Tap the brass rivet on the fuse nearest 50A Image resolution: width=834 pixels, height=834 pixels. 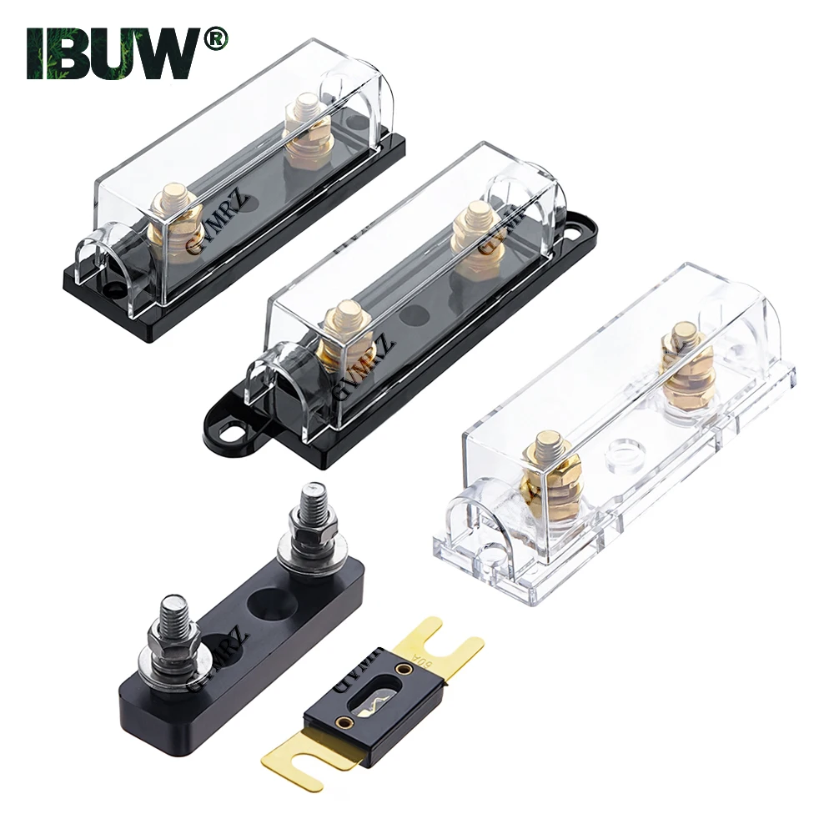tap(404, 670)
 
